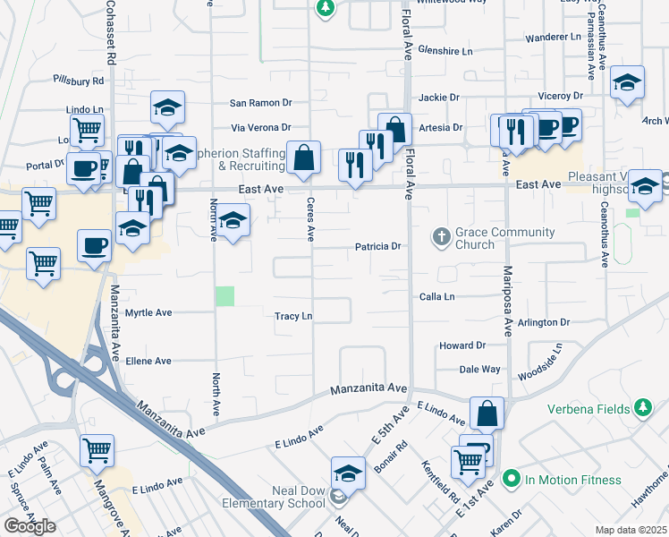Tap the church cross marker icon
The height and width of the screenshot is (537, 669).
[x=440, y=237]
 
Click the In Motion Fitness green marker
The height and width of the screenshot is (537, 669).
[x=511, y=479]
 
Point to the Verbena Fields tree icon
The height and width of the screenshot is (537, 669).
[x=641, y=408]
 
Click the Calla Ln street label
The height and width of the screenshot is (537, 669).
[x=437, y=296]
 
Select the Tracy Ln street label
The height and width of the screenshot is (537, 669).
[x=293, y=316]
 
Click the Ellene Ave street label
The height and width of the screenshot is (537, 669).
[x=148, y=361]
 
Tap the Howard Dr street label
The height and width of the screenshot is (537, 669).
[x=462, y=345]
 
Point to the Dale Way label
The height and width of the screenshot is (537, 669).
[x=479, y=369]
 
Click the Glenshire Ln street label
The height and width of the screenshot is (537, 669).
[x=445, y=52]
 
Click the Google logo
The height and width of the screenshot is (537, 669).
[x=30, y=525]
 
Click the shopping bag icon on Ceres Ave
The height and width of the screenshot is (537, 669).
[x=304, y=157]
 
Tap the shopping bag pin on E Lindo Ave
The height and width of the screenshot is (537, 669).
[x=487, y=413]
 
